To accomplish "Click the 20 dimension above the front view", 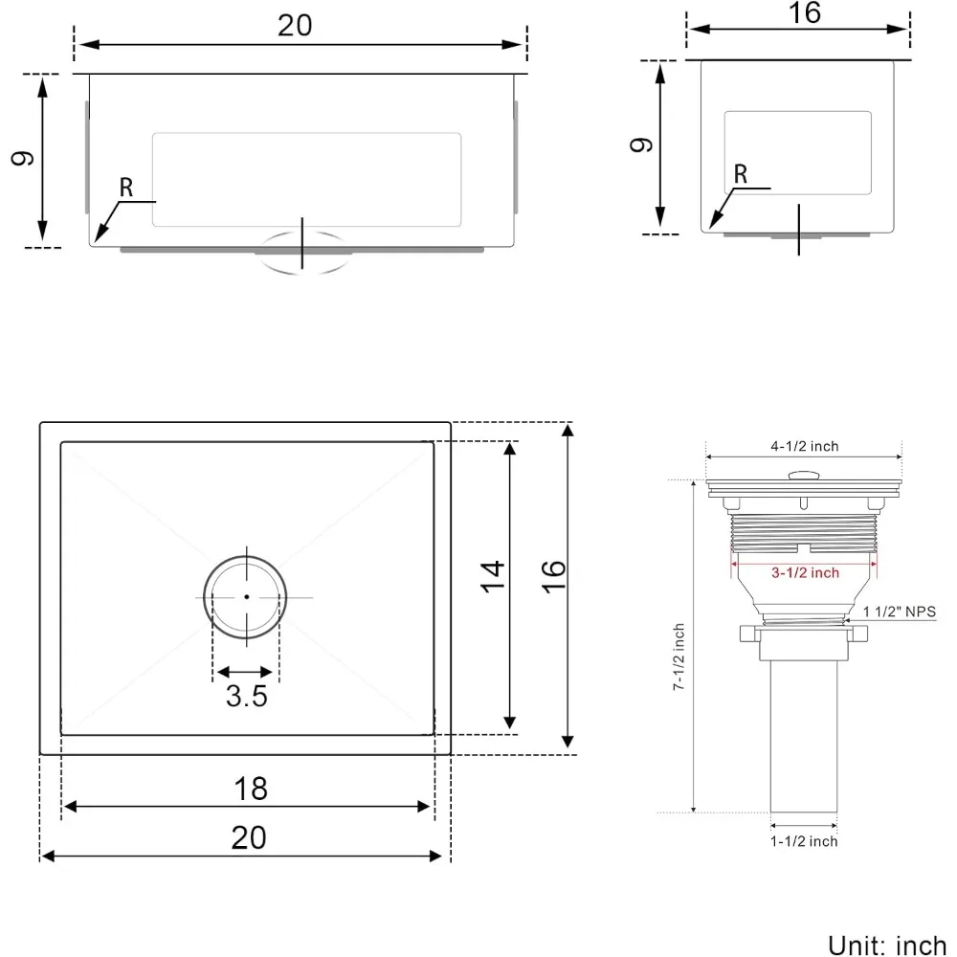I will click(x=295, y=26).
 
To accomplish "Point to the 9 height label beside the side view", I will click(x=642, y=145).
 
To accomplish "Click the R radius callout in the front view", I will click(x=125, y=188).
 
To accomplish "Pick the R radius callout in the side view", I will click(x=739, y=174).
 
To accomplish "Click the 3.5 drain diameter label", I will click(x=246, y=697).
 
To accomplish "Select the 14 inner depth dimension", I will click(x=492, y=576).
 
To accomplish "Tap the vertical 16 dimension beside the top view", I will click(x=552, y=577).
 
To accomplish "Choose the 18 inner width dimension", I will click(x=250, y=789).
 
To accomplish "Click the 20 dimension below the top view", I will click(x=248, y=837).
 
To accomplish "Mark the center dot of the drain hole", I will click(x=246, y=596).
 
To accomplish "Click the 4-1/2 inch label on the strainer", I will click(x=804, y=446).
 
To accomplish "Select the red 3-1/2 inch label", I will click(x=804, y=572).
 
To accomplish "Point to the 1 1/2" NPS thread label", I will click(x=900, y=612).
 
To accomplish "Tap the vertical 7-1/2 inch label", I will click(x=679, y=658).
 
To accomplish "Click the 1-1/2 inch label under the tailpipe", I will click(x=804, y=841).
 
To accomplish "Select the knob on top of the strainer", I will click(x=802, y=474).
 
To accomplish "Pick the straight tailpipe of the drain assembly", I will click(x=804, y=737).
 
